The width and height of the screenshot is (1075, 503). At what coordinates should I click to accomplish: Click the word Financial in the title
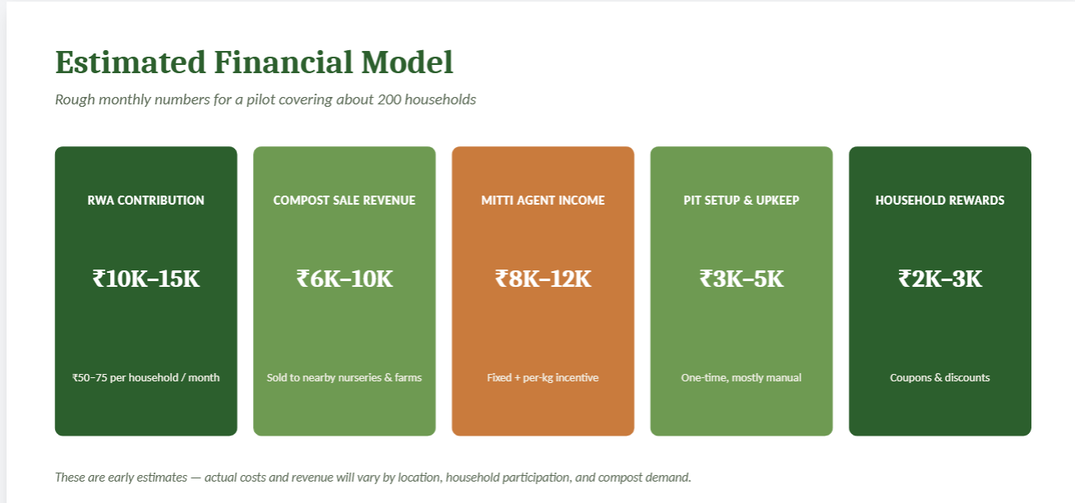coord(284,62)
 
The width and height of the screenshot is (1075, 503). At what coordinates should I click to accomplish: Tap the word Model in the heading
coord(407,62)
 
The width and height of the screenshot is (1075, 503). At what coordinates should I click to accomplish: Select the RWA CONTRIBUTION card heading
coord(146,201)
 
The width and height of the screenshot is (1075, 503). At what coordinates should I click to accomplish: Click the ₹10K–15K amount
coord(146,279)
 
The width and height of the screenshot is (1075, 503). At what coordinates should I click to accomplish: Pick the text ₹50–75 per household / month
coord(146,378)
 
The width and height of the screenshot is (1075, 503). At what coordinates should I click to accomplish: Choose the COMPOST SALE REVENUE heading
coord(344,201)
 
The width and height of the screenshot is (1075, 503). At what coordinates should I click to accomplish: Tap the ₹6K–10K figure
coord(344,279)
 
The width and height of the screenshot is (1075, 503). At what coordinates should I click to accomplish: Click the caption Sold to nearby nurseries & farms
coord(344,378)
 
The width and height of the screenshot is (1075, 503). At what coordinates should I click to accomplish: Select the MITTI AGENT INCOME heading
coord(542,201)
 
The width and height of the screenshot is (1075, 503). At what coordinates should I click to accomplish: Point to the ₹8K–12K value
coord(542,279)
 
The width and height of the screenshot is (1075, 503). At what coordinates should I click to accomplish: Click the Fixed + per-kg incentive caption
coord(542,378)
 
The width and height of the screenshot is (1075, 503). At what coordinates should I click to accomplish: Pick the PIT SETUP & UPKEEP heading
coord(741,201)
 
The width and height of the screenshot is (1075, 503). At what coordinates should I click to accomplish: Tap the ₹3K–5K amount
coord(741,279)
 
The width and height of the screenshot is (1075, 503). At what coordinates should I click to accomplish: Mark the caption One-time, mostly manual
coord(741,378)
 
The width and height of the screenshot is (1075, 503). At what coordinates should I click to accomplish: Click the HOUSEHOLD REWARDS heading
coord(939,201)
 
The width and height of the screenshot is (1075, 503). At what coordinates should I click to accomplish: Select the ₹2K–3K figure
coord(939,279)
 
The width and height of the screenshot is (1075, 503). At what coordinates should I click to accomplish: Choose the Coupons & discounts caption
coord(939,378)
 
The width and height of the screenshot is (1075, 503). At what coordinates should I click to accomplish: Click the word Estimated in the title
coord(131,62)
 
